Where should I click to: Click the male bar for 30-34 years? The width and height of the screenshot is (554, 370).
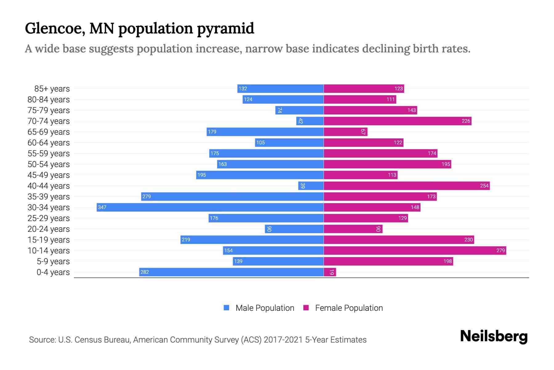point(210,207)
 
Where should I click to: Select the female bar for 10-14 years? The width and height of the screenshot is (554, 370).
point(415,250)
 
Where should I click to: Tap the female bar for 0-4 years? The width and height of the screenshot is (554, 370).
point(330,272)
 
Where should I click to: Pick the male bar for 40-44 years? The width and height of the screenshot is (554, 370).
point(311,186)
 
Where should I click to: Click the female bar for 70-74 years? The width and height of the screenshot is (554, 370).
point(397,121)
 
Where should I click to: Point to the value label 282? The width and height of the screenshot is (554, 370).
point(145,272)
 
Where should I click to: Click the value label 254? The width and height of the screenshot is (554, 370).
point(484,186)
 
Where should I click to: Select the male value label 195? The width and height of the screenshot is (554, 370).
point(202,175)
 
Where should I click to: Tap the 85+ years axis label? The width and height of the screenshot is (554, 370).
point(52,89)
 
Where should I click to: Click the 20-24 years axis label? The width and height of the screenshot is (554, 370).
point(49,229)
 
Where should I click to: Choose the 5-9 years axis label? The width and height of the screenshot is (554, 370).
point(53,261)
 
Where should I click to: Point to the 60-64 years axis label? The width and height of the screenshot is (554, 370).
point(49,143)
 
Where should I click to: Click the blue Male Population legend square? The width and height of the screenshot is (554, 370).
point(227,308)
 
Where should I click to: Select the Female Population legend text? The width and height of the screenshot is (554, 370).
point(349,308)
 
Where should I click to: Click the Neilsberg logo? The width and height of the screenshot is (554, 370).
point(494,336)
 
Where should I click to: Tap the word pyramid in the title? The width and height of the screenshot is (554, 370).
point(225,29)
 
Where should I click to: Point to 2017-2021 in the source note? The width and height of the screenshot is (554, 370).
point(283,340)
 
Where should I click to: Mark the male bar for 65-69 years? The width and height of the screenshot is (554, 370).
point(265,132)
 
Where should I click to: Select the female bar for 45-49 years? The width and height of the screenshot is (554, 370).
point(360,175)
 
